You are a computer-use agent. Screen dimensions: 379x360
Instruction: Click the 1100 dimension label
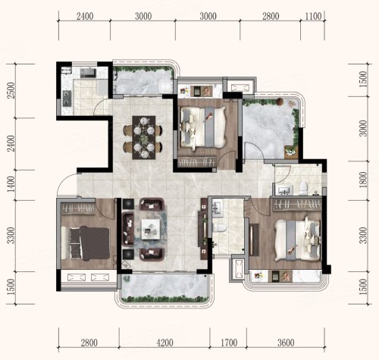(x=313, y=17)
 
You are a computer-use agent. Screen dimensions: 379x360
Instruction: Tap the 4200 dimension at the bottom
(x=164, y=343)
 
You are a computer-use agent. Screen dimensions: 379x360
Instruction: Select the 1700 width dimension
(x=229, y=343)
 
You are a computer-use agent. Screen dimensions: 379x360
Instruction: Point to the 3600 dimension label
(x=286, y=343)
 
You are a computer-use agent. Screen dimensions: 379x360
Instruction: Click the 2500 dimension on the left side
(x=11, y=90)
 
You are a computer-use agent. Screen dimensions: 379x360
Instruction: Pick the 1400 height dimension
(x=11, y=184)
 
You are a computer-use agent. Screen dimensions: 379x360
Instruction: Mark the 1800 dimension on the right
(x=362, y=180)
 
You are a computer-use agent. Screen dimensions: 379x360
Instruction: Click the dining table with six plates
(x=144, y=137)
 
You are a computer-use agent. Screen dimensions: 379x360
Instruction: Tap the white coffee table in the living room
(x=151, y=229)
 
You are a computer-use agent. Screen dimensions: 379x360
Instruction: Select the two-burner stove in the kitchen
(x=67, y=98)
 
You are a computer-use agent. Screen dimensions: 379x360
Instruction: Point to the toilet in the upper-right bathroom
(x=302, y=189)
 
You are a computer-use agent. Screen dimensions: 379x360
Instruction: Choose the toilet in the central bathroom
(x=218, y=227)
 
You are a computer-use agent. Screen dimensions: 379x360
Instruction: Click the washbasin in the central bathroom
(x=217, y=208)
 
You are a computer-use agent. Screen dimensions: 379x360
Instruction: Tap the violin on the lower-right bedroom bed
(x=291, y=250)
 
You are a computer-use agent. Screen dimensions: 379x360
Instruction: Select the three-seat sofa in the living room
(x=128, y=230)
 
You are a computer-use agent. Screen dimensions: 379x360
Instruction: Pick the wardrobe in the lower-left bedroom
(x=79, y=208)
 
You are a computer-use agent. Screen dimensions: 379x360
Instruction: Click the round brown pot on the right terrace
(x=280, y=102)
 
